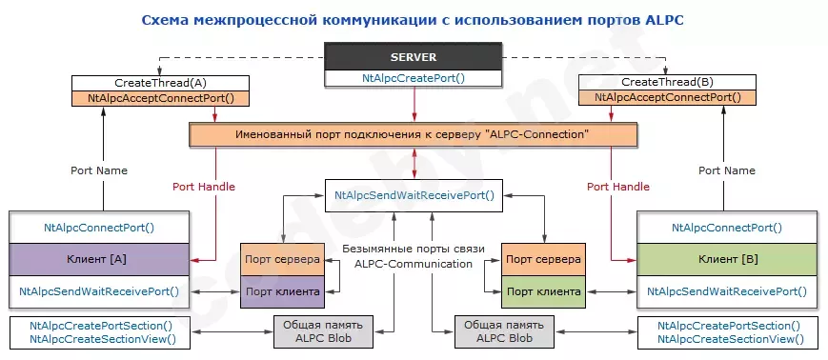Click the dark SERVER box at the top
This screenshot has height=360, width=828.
coord(414,56)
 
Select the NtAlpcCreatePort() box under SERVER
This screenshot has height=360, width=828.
coord(414,79)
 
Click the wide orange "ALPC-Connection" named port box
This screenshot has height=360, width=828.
coord(413,135)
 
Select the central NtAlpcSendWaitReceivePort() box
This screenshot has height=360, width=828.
coord(414,195)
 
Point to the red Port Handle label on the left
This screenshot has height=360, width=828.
coord(203,187)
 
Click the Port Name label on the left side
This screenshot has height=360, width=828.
coord(99,170)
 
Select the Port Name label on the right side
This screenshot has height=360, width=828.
coord(727,170)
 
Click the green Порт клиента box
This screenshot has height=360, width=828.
coord(543,290)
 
